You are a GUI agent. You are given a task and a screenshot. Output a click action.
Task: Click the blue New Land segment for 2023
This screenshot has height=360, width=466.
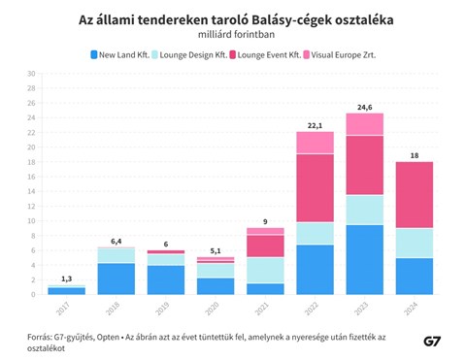tap(365, 260)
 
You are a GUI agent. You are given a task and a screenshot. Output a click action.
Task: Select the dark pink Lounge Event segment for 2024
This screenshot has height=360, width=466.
tap(415, 195)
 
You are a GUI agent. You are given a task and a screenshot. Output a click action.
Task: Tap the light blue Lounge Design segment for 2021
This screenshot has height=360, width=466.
tap(265, 271)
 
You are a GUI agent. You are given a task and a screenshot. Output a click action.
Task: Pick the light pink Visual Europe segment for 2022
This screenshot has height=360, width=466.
tap(315, 143)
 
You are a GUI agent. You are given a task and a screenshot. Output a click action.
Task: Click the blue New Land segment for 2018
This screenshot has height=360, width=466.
tap(116, 278)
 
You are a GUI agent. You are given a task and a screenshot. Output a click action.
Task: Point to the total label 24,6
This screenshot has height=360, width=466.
tap(365, 108)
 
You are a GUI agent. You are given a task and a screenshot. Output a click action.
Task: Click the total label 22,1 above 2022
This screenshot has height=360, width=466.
tap(315, 126)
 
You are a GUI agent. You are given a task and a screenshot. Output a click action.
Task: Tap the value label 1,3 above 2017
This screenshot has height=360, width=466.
tap(67, 278)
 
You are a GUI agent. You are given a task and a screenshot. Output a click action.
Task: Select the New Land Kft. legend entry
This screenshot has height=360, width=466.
tap(120, 54)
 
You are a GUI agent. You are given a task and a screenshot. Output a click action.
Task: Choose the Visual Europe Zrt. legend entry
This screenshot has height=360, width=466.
tap(340, 54)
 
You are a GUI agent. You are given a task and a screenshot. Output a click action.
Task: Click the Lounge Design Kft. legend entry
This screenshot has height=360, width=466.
tap(189, 54)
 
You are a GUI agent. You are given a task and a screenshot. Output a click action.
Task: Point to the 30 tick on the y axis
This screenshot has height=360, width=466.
tap(31, 74)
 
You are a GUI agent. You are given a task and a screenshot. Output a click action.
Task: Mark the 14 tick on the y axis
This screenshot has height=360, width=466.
tap(31, 191)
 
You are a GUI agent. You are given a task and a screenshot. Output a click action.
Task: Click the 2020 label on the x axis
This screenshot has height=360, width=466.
tap(213, 309)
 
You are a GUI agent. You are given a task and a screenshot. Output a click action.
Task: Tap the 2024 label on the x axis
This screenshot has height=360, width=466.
tap(411, 309)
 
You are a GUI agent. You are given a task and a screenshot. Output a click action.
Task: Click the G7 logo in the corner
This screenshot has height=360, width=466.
tap(432, 342)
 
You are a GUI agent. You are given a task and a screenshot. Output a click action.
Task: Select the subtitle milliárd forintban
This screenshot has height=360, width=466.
tap(236, 35)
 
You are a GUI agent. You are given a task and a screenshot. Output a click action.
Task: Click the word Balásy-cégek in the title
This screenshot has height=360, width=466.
tap(291, 20)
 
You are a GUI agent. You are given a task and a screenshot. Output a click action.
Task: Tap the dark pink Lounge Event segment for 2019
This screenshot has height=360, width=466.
tap(166, 252)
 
